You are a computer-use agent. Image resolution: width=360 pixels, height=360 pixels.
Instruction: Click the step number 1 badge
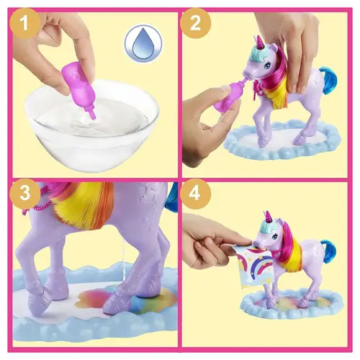[25, 24]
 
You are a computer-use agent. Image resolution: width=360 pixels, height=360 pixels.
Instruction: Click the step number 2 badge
[195, 24]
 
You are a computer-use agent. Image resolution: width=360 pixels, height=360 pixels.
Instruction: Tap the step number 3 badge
[25, 194]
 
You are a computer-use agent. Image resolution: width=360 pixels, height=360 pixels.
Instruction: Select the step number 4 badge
[195, 194]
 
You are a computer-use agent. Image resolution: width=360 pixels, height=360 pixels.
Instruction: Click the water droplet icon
[143, 43]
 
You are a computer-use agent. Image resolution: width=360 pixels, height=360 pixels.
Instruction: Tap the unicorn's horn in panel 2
[260, 41]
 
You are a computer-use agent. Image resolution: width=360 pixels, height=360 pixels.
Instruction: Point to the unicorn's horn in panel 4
[266, 215]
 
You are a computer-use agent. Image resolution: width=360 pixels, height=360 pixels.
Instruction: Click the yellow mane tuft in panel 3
[79, 205]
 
